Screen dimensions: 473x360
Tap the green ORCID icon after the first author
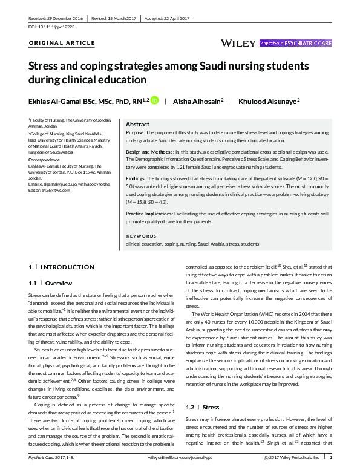[x=154, y=100]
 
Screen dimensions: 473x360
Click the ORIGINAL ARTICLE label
[x=62, y=44]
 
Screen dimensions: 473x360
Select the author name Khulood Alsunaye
[x=270, y=100]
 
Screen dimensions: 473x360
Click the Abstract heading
[x=137, y=123]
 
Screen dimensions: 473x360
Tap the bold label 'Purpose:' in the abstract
[x=135, y=132]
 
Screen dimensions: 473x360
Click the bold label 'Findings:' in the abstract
[x=136, y=180]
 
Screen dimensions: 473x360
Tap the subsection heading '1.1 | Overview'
[x=51, y=283]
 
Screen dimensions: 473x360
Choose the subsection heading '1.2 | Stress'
[x=203, y=408]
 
